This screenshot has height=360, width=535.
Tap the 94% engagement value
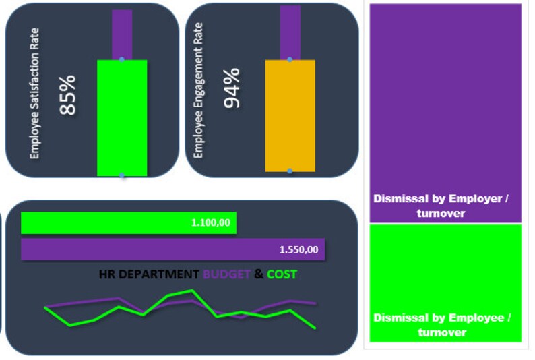point(231,88)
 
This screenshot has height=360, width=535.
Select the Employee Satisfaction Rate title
point(35,93)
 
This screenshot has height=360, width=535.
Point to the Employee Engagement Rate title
point(198,90)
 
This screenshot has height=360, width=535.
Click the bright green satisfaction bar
point(122,118)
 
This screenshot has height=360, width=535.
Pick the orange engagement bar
point(290,115)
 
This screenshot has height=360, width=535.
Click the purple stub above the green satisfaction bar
point(122,34)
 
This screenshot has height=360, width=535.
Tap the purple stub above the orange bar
point(290,32)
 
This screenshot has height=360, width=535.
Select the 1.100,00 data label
point(210,222)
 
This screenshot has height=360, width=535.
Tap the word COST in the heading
point(282,274)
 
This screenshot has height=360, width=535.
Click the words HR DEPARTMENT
point(149,274)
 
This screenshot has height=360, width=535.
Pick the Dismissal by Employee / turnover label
point(442,324)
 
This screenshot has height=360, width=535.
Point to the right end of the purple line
point(315,304)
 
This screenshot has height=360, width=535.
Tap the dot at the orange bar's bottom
point(290,171)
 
